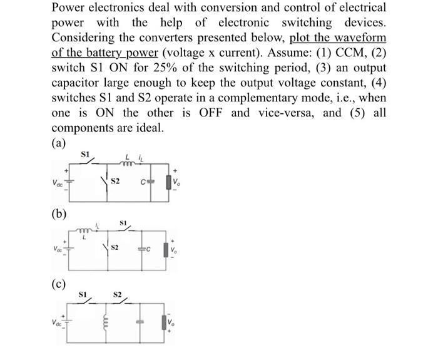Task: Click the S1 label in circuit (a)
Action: [86, 153]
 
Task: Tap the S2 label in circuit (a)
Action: [115, 182]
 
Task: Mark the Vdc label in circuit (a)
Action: [58, 183]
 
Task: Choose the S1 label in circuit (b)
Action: [123, 222]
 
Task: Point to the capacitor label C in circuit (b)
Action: [150, 250]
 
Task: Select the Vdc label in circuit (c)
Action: [57, 323]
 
